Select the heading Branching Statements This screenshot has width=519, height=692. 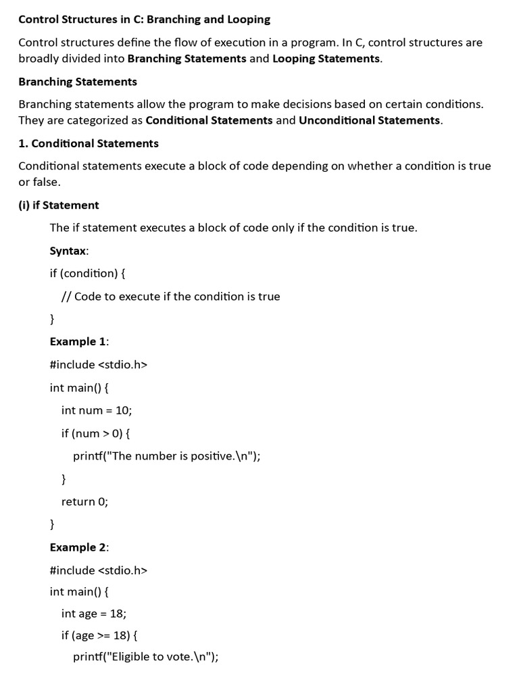pos(78,82)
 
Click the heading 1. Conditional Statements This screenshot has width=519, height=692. pos(89,143)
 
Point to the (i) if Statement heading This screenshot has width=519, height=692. pos(59,205)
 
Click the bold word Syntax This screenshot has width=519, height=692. pos(68,251)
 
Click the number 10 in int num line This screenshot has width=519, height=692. pos(124,410)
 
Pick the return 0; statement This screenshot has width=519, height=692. pos(84,501)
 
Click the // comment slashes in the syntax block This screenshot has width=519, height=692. pos(66,297)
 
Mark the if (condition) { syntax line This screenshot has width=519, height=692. pos(88,274)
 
